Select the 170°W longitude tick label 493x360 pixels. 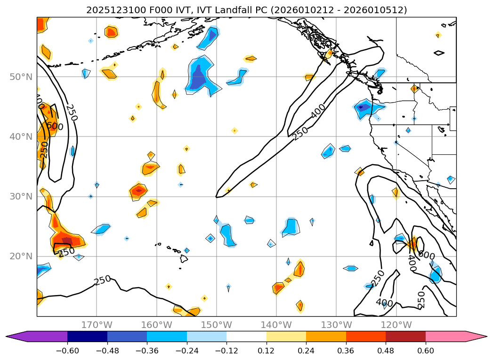click(97, 325)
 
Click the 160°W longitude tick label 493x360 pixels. click(156, 325)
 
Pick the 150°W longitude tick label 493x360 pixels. click(216, 325)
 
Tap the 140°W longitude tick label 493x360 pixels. click(276, 325)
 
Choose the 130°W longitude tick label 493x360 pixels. click(336, 325)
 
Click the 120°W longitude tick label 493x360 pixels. click(396, 325)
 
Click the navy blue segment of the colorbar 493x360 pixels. click(87, 336)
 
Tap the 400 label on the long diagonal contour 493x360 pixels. click(318, 112)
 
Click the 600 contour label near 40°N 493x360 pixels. click(55, 126)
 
